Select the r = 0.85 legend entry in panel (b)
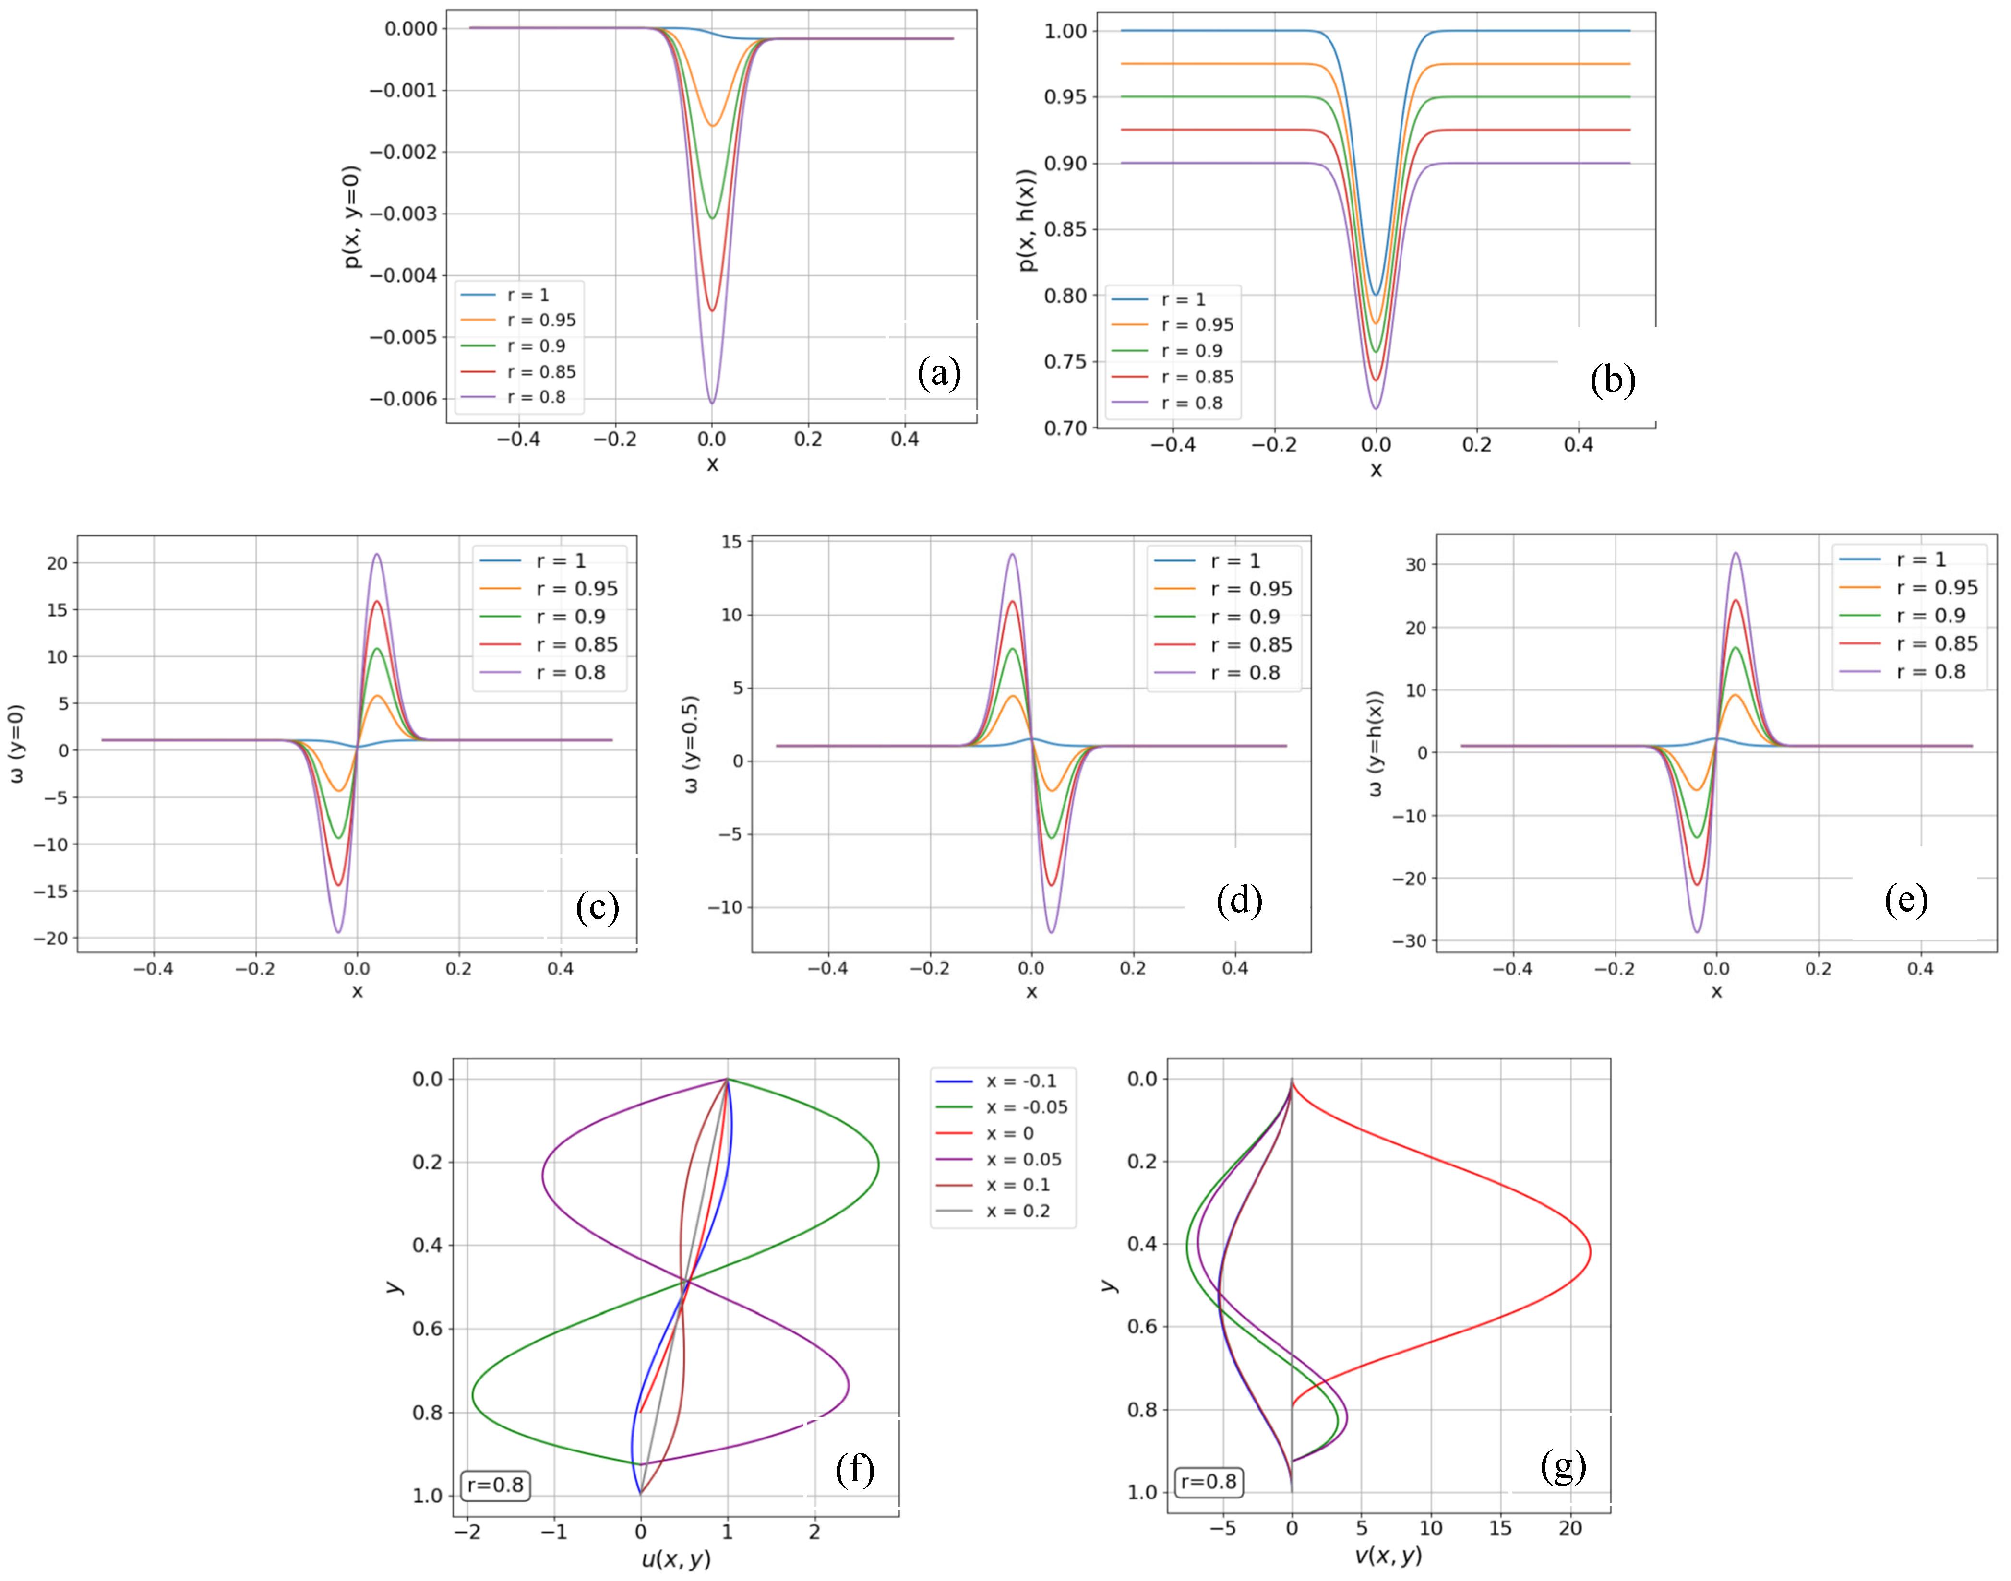point(1197,377)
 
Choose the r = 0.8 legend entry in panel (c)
point(570,672)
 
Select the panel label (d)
point(1239,900)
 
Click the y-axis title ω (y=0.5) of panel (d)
point(691,744)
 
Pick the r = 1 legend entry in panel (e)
point(1920,559)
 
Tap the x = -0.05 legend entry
point(1026,1107)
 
